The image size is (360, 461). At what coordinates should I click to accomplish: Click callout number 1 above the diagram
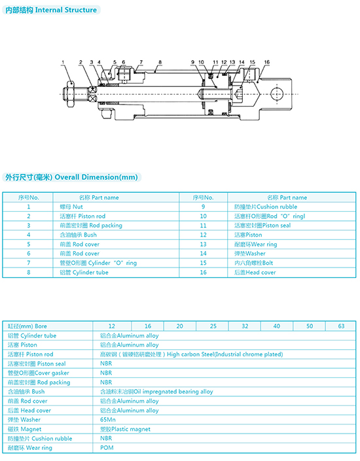click(63, 62)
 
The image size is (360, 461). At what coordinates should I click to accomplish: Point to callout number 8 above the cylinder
click(160, 62)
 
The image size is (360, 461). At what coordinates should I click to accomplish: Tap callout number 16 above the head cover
click(266, 62)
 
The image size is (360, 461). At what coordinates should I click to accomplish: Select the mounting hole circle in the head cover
click(276, 94)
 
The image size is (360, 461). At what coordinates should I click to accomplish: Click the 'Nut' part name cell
click(71, 207)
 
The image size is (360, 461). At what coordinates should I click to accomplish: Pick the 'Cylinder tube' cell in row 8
click(84, 273)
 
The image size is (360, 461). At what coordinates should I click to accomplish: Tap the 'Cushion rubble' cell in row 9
click(266, 207)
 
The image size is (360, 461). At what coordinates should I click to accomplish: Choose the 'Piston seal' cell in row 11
click(262, 226)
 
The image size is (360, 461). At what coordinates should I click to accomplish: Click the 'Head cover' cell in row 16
click(255, 273)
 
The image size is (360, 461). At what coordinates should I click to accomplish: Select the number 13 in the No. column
click(203, 245)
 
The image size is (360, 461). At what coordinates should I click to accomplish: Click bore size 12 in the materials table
click(112, 326)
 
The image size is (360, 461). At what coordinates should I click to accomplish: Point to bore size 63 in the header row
click(341, 326)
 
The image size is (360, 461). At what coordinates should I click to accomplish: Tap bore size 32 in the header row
click(245, 326)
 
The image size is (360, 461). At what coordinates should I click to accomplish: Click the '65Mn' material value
click(108, 420)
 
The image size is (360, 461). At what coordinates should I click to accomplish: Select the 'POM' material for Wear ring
click(107, 448)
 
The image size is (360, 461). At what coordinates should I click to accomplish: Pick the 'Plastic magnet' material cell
click(125, 429)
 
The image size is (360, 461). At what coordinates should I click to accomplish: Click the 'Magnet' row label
click(24, 429)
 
